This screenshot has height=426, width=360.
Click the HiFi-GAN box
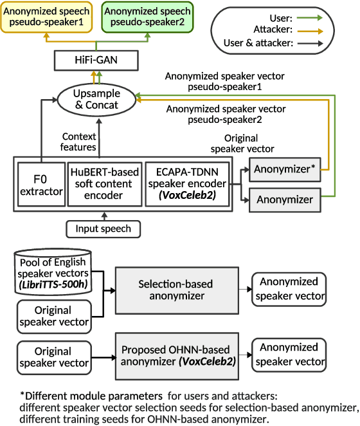coord(96,62)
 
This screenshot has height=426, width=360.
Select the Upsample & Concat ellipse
coord(97,98)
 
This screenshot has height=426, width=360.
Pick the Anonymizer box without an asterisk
coord(285,199)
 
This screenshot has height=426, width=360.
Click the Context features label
coord(79,142)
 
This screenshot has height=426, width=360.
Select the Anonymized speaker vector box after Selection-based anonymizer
coord(289,289)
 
